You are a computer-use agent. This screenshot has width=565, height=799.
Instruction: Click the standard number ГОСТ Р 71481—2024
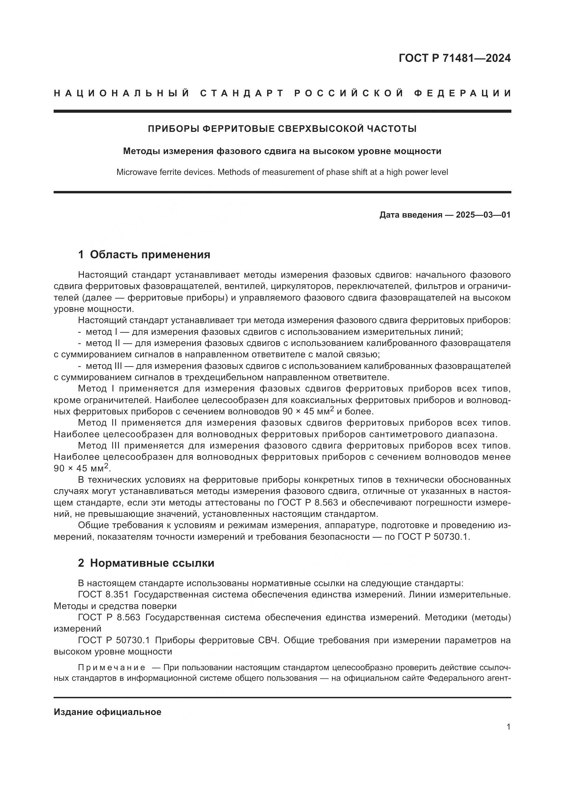point(454,58)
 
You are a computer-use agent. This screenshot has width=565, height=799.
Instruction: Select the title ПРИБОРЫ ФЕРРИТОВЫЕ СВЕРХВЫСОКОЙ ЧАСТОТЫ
point(282,129)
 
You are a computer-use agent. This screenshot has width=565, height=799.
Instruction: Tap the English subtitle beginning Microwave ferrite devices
point(282,172)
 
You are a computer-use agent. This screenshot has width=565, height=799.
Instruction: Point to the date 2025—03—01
point(483,215)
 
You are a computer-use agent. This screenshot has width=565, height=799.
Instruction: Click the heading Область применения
point(150,255)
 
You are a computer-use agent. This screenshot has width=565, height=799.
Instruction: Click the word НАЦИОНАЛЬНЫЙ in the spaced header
point(122,93)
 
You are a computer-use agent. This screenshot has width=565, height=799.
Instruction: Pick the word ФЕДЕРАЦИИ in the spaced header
point(463,93)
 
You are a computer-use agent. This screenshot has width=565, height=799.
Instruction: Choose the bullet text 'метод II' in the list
point(102,343)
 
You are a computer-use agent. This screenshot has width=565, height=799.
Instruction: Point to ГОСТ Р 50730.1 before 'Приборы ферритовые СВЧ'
point(114,640)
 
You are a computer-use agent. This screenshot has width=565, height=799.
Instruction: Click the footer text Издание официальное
point(108,712)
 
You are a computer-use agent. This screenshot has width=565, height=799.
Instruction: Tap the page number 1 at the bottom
point(509,727)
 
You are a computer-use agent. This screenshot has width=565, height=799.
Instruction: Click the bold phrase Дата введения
point(411,215)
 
